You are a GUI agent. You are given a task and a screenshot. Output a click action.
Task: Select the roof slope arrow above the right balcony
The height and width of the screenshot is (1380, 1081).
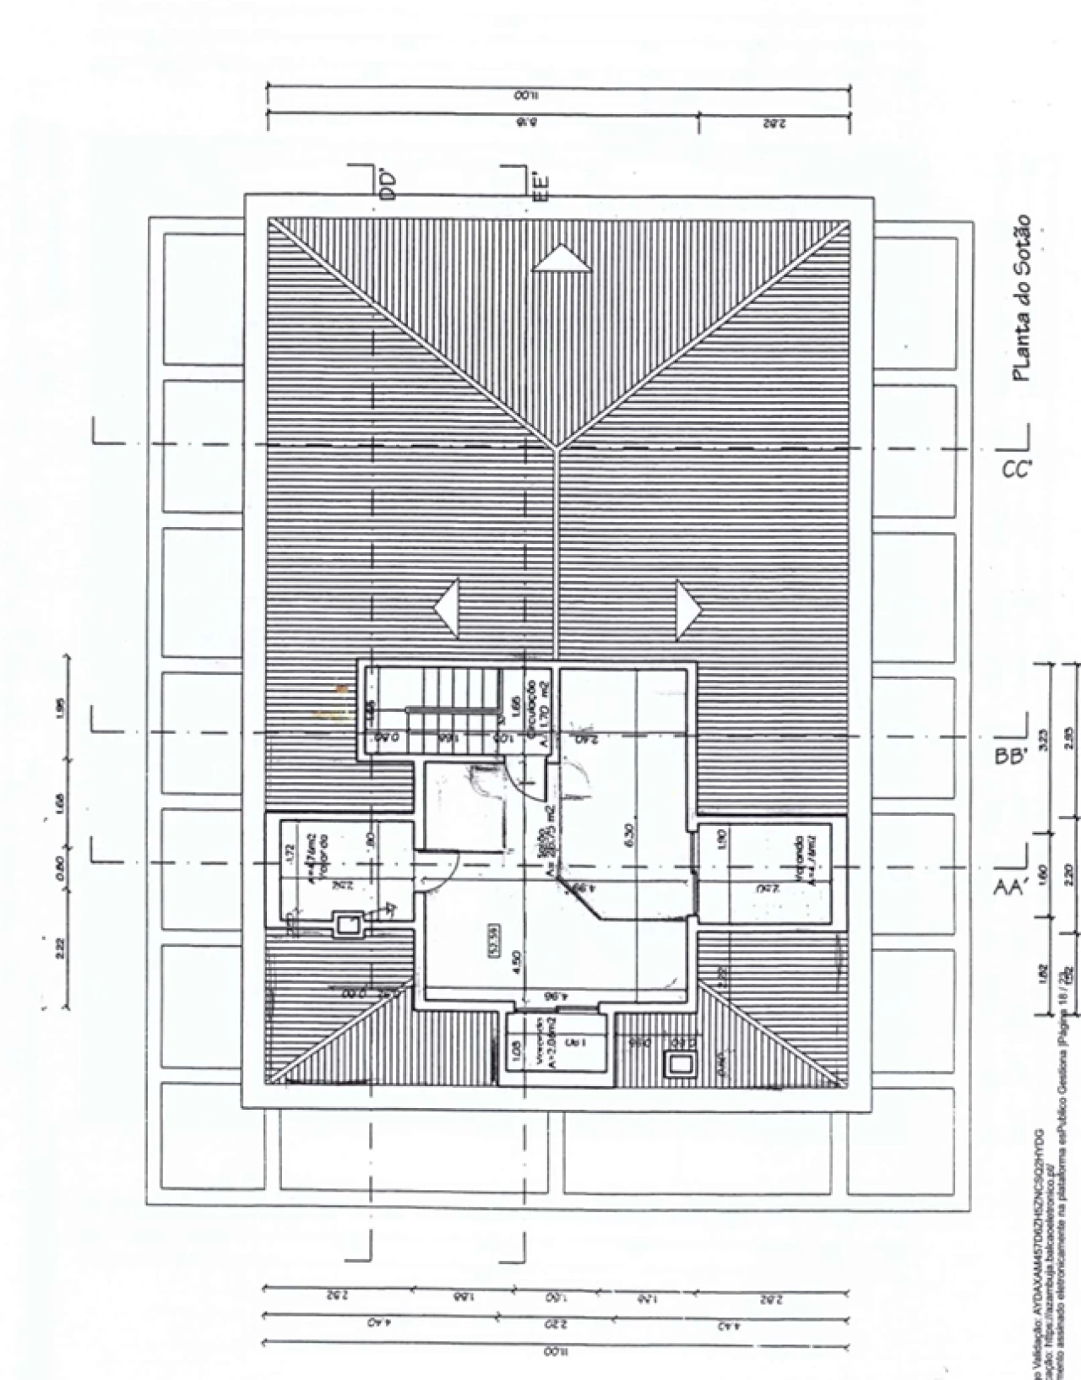[689, 608]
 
